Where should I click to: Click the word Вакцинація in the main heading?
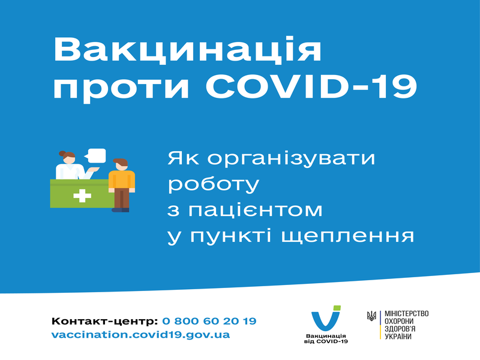click(187, 50)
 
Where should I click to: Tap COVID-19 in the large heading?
click(311, 86)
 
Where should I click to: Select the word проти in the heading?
click(122, 89)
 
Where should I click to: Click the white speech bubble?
click(95, 155)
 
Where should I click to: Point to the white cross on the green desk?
click(82, 196)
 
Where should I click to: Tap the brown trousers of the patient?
click(122, 199)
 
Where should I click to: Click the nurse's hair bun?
click(62, 154)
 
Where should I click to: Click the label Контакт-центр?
click(104, 321)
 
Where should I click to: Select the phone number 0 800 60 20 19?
click(209, 321)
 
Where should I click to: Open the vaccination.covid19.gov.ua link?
click(140, 335)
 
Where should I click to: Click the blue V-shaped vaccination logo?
click(326, 319)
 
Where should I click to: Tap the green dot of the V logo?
click(337, 308)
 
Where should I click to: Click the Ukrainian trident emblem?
click(371, 316)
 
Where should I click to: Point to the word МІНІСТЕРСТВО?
click(407, 314)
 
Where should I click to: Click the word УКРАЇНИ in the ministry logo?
click(398, 337)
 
